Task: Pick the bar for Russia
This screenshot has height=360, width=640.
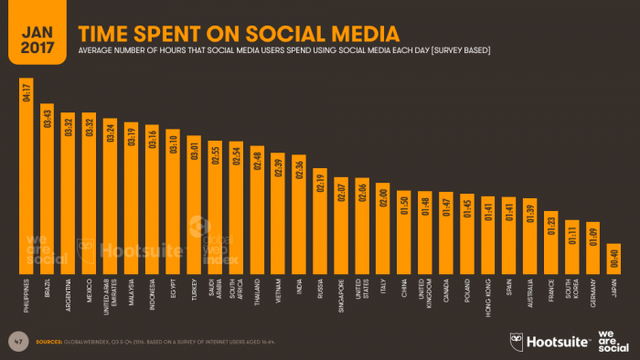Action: coord(320,220)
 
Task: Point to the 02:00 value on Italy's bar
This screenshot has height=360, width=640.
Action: coord(382,197)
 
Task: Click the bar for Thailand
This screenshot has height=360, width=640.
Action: coord(257,209)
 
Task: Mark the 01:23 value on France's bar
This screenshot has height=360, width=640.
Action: coord(551,223)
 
